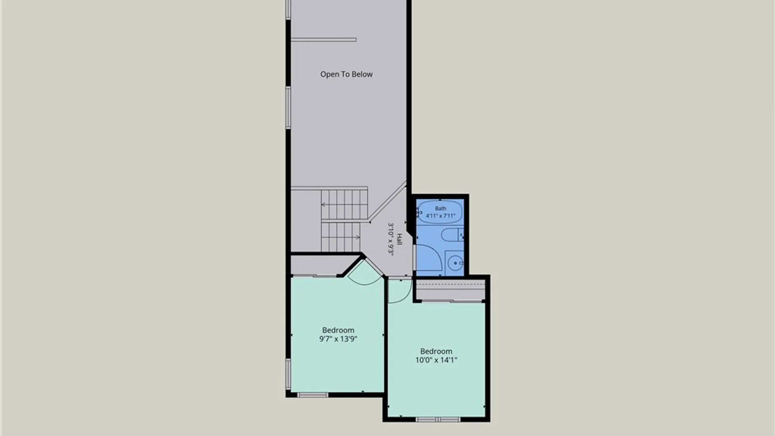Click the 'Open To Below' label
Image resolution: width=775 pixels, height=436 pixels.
(346, 74)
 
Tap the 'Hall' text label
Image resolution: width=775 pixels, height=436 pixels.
(399, 239)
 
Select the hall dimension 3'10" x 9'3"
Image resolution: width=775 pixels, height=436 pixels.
(390, 239)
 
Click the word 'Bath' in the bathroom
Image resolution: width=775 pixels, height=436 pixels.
(440, 208)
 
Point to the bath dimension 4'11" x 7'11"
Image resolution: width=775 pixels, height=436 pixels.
(440, 216)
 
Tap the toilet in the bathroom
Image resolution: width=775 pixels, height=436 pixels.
(452, 235)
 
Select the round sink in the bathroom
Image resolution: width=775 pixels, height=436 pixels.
(455, 263)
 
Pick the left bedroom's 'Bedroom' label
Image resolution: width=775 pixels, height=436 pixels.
(338, 330)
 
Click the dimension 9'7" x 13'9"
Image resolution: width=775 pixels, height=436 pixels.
(338, 339)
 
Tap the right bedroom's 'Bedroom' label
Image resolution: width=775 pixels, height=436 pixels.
(436, 351)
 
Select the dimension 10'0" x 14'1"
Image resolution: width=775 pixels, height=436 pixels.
(436, 360)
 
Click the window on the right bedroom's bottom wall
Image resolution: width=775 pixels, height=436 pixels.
(438, 420)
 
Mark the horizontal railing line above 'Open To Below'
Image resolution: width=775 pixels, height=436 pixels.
(323, 40)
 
